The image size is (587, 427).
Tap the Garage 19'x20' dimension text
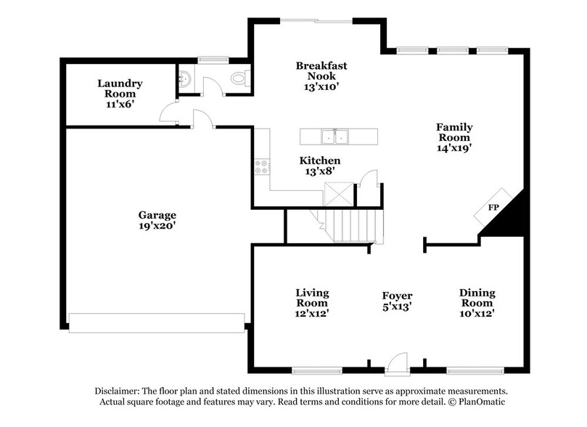pos(157,226)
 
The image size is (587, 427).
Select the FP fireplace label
pos(493,208)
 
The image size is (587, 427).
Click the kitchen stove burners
pos(261,166)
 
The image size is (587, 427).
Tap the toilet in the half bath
pos(238,78)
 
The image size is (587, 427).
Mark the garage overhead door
pos(157,322)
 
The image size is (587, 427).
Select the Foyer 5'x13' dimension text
pos(397,306)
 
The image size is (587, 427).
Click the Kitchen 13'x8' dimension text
pos(321,171)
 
